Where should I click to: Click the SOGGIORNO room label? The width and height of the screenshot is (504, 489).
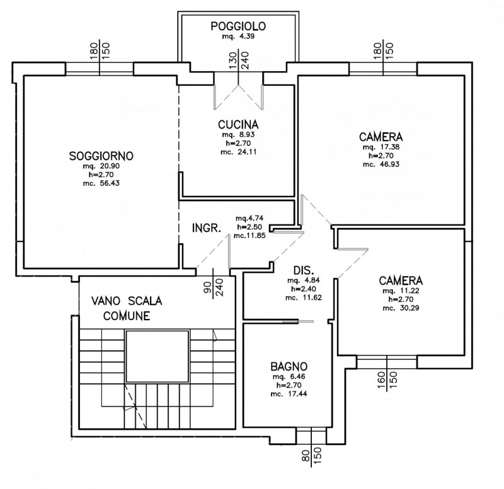point(101,156)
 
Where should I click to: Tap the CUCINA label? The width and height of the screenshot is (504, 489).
point(238,124)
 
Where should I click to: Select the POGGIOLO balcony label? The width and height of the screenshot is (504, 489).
point(238,26)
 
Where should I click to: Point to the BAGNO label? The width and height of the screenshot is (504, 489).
point(289,366)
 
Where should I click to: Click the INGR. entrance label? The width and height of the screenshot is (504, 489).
point(207,228)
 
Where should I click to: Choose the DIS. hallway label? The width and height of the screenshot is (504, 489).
point(304,270)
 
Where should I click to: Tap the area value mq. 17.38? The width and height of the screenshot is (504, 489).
point(381,147)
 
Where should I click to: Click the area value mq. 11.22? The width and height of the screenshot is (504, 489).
point(401,291)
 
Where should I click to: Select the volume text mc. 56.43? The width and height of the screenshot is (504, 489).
point(101,183)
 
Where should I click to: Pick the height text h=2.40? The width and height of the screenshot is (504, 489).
point(304,289)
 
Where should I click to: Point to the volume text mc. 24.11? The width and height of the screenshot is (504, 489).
point(239,152)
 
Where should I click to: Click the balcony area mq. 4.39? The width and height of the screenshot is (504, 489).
point(238,36)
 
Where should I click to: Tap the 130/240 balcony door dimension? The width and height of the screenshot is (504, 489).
point(239,60)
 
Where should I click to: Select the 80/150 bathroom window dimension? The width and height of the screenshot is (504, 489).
point(311,456)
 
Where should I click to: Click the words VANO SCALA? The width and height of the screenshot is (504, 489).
point(127,301)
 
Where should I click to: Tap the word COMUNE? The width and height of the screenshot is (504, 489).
point(127,316)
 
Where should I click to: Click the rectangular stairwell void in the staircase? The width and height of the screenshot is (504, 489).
point(157,356)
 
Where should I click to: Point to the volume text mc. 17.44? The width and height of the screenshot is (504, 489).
point(289,393)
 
